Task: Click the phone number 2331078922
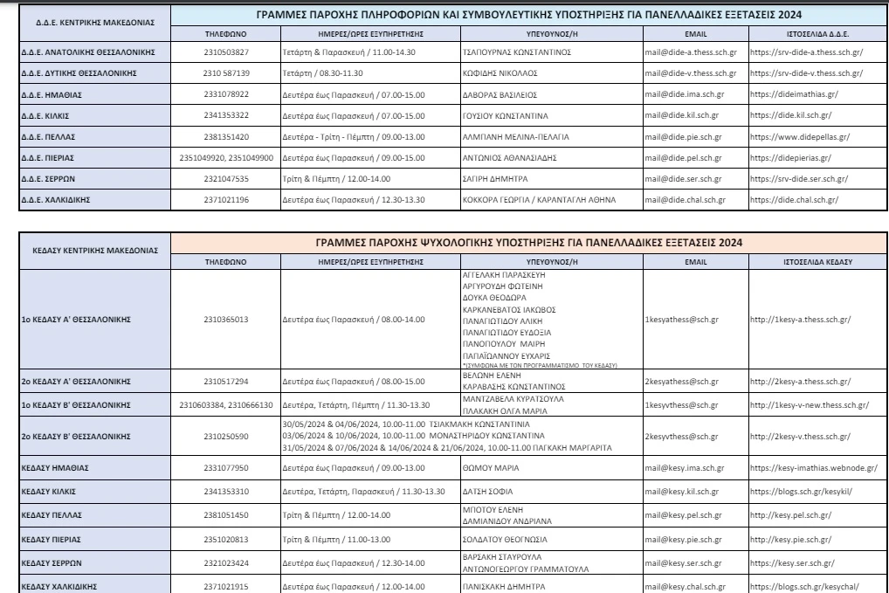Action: click(x=225, y=94)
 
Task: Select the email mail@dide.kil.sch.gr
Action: click(x=682, y=115)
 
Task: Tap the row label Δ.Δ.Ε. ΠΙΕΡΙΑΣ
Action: click(x=49, y=158)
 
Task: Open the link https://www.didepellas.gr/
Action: click(x=800, y=137)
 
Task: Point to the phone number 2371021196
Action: click(x=225, y=200)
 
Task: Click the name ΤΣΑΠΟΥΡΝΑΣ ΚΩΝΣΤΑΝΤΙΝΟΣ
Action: click(x=516, y=52)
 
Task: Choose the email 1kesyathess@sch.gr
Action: click(x=682, y=319)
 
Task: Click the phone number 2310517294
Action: click(x=225, y=382)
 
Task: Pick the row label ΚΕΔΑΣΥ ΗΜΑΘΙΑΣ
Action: click(x=54, y=468)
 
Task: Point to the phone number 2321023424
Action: click(x=225, y=563)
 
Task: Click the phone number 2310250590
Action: click(x=225, y=437)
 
